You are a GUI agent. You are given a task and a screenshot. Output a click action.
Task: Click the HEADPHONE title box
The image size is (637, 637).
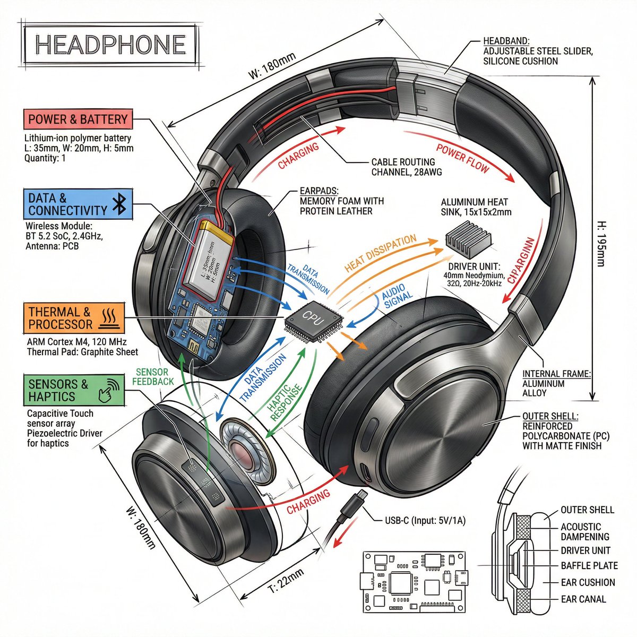pos(110,45)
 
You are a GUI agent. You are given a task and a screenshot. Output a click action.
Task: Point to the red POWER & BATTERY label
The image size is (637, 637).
pos(78,119)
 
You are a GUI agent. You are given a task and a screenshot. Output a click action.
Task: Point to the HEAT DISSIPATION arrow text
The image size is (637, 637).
pos(381,253)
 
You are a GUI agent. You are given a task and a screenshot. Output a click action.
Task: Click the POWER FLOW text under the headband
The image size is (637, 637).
pos(462,157)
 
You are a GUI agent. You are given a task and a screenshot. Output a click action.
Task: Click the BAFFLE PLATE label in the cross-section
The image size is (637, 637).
pos(589,566)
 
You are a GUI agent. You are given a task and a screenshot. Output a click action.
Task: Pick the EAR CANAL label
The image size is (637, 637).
pos(583,599)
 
